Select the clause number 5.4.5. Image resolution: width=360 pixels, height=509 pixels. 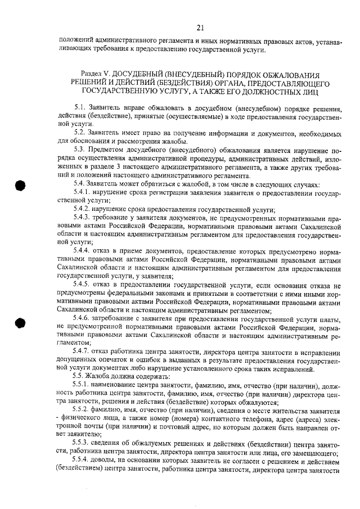click(x=82, y=285)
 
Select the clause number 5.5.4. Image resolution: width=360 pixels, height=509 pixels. click(x=82, y=462)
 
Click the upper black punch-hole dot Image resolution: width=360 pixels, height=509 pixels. click(x=21, y=187)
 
